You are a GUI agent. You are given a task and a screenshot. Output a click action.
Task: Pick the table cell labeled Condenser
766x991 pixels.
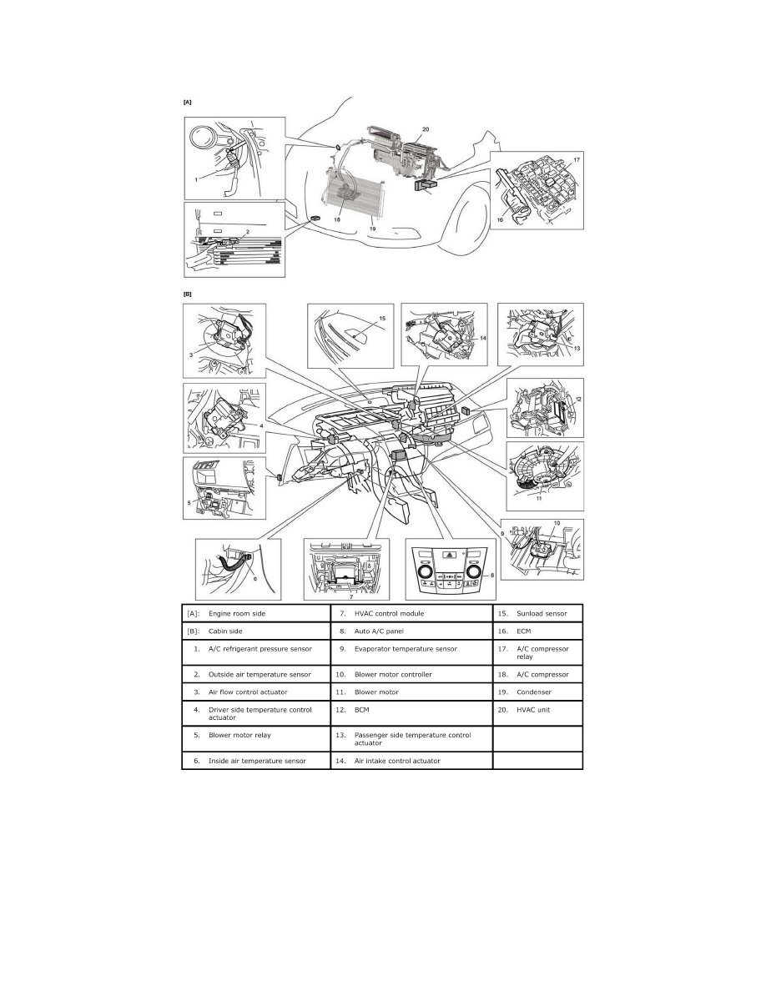[x=534, y=692]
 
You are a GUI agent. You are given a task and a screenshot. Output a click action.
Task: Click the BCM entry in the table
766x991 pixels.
[x=364, y=710]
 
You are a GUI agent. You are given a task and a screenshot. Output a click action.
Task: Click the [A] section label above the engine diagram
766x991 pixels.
[x=187, y=102]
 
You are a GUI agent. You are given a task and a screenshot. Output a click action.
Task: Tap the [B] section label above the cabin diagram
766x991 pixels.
[x=187, y=294]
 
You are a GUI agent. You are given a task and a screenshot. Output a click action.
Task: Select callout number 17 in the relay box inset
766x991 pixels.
[x=575, y=158]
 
